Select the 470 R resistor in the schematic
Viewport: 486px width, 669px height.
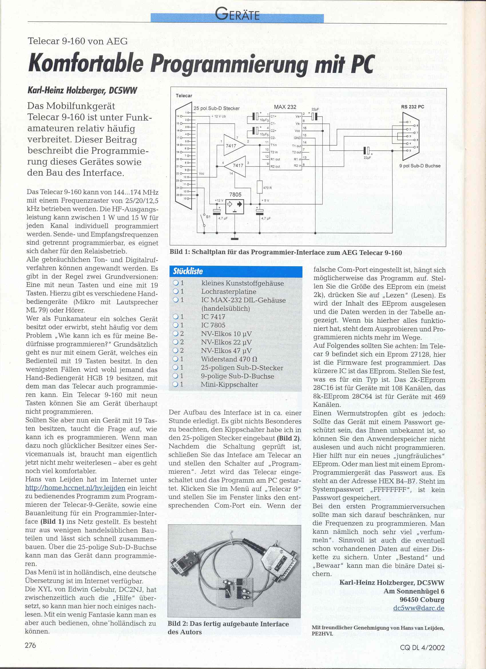point(260,187)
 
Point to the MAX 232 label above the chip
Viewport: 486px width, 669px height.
point(285,107)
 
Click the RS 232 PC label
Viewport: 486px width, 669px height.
point(412,107)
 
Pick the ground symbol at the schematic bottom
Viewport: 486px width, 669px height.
point(235,238)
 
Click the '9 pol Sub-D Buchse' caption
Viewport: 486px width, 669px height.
point(420,166)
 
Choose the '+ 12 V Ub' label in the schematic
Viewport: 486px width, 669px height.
point(219,116)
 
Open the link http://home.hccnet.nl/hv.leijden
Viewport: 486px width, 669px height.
point(76,488)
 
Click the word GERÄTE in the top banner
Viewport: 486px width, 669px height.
point(237,15)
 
